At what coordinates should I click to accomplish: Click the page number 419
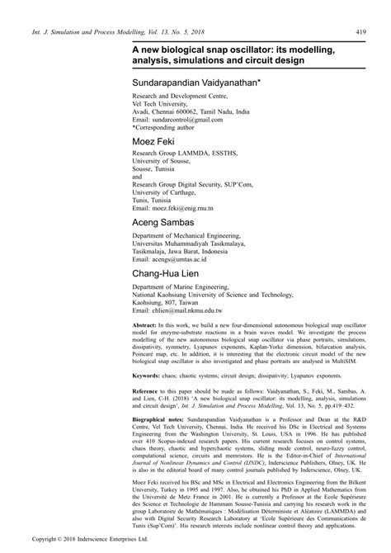click(360, 32)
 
